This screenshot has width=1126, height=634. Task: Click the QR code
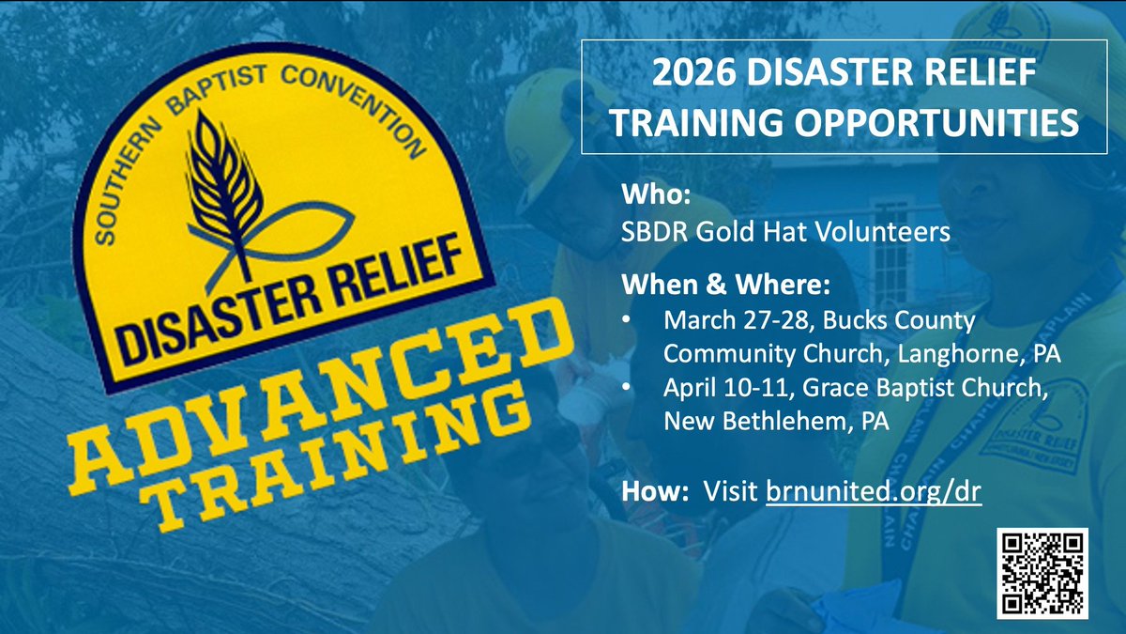[1042, 573]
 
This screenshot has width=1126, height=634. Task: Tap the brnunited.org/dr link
[874, 491]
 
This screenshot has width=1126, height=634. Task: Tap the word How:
[647, 491]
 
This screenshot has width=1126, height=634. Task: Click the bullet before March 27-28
[626, 321]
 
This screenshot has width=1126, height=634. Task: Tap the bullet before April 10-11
[626, 387]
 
